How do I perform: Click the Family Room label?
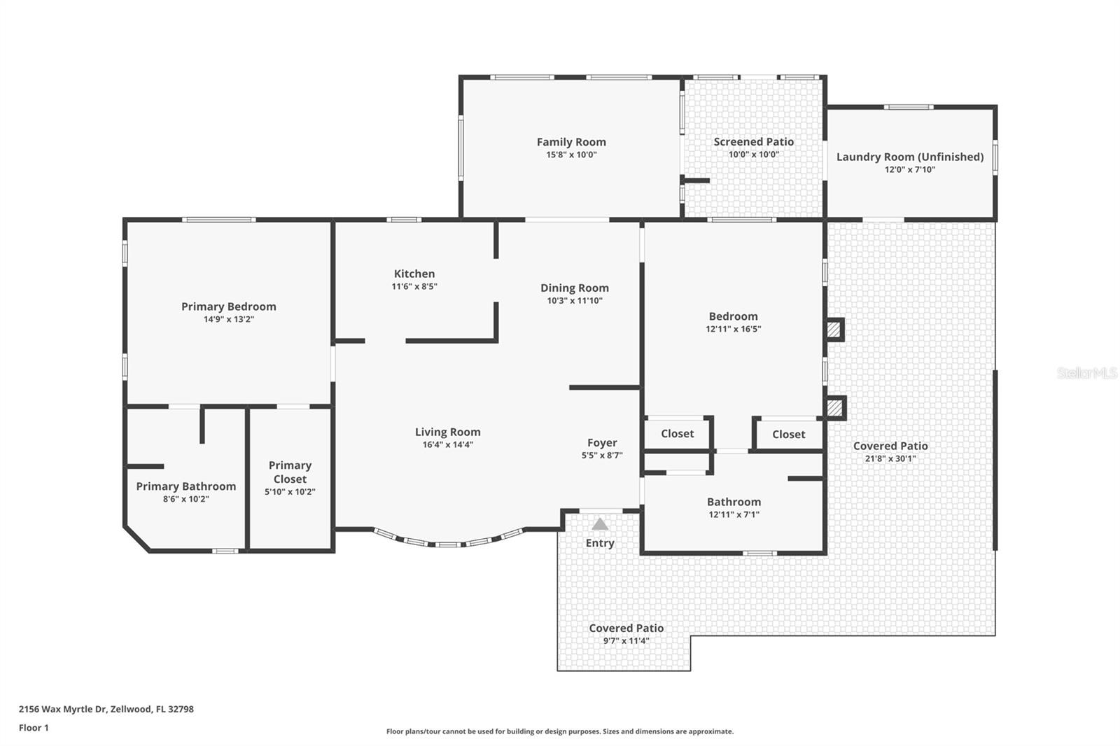(x=571, y=142)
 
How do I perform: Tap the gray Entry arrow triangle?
(x=600, y=524)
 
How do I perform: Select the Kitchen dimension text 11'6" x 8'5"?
(x=414, y=286)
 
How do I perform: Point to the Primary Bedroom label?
(x=228, y=307)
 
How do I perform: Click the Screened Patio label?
(x=753, y=142)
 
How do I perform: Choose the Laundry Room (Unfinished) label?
(x=909, y=157)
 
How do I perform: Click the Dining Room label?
(x=574, y=288)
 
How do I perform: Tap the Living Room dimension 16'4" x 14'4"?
(x=447, y=444)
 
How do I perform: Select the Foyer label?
(x=602, y=443)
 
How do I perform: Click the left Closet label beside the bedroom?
(x=677, y=434)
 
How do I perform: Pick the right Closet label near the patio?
(x=788, y=435)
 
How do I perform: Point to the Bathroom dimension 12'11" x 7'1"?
(x=734, y=514)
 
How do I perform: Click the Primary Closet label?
(x=290, y=472)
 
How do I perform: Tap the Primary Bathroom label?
(x=185, y=486)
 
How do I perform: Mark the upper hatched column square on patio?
(x=833, y=330)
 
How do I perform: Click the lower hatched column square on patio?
(x=833, y=407)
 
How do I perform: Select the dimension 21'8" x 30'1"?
(x=890, y=459)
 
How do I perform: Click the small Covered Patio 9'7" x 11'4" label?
(x=626, y=628)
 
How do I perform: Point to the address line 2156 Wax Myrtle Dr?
(x=106, y=709)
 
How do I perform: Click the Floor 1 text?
(x=34, y=728)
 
